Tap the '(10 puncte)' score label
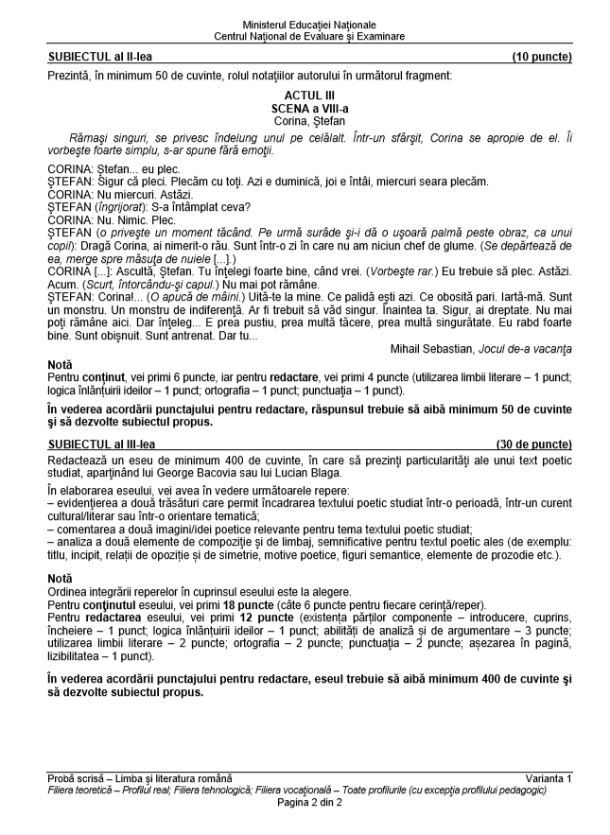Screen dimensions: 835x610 click(542, 57)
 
